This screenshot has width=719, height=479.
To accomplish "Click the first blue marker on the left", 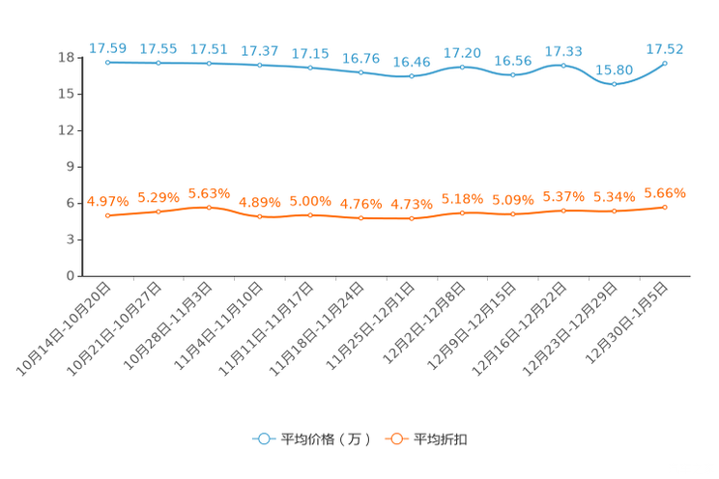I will [108, 62].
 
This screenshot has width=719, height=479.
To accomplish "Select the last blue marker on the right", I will [665, 62].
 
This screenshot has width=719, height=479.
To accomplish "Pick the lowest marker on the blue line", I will [614, 84].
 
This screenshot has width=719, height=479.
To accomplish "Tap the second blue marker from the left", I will [158, 63].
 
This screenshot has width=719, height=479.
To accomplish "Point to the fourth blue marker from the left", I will [259, 65].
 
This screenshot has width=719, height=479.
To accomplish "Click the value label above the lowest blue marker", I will [615, 70].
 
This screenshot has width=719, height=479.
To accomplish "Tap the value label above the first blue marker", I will [108, 47].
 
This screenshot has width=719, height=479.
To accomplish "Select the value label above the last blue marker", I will [665, 47].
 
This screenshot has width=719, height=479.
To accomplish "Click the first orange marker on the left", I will [108, 215].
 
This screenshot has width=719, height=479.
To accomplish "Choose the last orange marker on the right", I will [665, 207].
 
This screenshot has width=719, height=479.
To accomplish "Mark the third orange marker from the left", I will [209, 207].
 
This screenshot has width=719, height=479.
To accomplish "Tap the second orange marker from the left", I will [158, 211].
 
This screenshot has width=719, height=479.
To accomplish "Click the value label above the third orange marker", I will [209, 192].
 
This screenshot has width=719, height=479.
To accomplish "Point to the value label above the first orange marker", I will [108, 201].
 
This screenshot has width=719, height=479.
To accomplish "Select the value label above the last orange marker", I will [665, 192].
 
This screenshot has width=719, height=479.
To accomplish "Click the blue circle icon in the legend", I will [262, 438].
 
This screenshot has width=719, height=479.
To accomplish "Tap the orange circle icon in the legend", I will [396, 438].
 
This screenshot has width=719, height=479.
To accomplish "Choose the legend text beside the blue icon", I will [325, 439].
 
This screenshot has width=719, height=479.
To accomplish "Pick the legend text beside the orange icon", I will [442, 439].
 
